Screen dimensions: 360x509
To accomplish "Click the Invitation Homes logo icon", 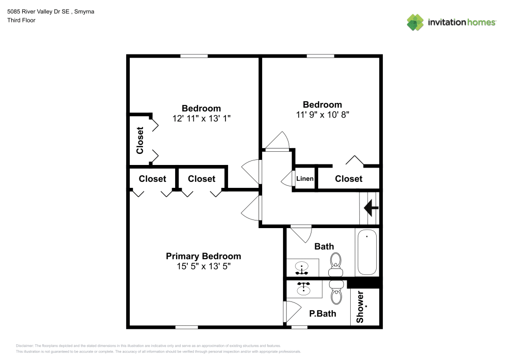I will click(415, 22).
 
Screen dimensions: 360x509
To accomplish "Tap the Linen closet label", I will click(305, 179).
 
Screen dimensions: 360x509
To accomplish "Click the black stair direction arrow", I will click(371, 207).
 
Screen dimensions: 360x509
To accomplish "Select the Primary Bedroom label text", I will click(204, 256).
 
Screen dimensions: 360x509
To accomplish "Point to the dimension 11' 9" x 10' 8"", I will click(323, 115).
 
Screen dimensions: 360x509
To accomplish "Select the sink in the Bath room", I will click(302, 267).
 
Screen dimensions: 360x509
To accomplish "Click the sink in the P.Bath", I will click(304, 289).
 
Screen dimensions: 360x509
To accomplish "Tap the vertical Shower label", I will click(360, 307).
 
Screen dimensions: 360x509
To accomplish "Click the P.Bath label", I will click(323, 314).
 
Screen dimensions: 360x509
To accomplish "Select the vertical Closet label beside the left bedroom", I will click(140, 140).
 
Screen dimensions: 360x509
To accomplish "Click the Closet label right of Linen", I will click(349, 179).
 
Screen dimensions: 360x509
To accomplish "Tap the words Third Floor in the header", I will click(21, 21).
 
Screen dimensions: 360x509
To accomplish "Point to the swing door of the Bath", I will click(302, 234).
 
